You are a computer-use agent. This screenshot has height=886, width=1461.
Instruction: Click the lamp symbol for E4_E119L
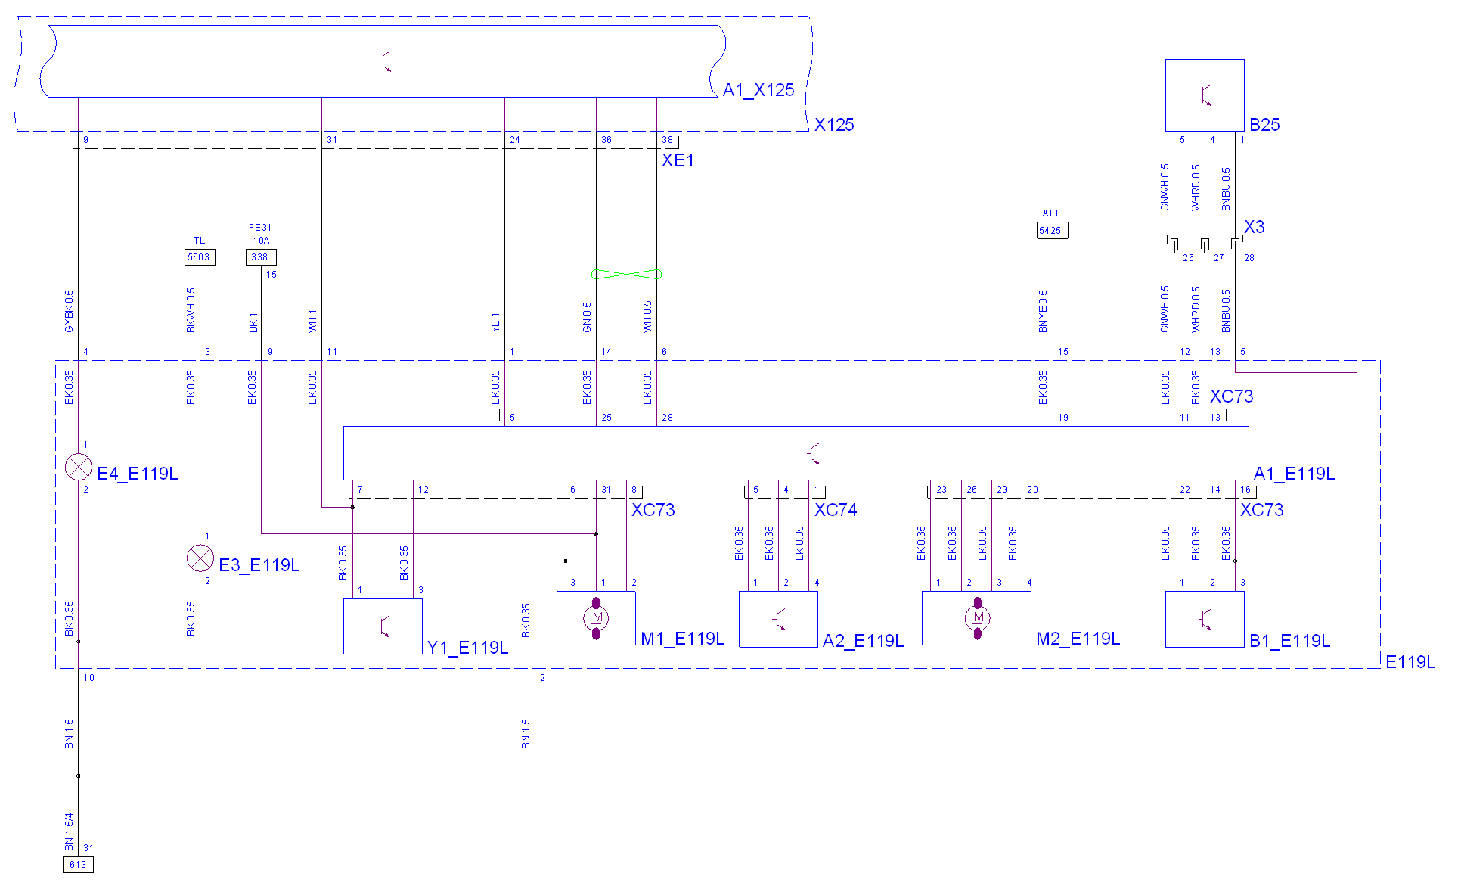click(79, 467)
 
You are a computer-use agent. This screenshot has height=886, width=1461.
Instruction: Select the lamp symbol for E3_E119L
click(200, 558)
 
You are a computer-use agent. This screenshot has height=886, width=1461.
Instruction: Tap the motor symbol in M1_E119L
click(596, 618)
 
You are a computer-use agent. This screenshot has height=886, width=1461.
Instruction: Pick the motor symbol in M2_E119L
click(977, 618)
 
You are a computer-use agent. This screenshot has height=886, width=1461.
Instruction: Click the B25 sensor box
click(1205, 95)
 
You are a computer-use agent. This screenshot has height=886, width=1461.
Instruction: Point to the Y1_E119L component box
click(383, 626)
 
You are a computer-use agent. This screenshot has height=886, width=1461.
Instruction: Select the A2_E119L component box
click(778, 619)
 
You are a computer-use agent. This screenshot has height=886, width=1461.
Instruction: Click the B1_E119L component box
click(1205, 619)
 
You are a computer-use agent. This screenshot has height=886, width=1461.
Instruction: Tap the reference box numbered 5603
click(200, 257)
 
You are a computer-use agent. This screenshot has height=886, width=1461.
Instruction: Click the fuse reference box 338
click(261, 257)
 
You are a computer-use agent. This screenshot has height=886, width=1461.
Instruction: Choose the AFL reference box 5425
click(1052, 231)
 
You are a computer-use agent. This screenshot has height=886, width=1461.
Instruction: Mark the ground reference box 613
click(78, 865)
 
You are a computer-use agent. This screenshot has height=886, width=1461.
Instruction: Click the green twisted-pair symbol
click(626, 275)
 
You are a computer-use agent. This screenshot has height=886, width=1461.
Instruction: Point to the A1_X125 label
click(758, 90)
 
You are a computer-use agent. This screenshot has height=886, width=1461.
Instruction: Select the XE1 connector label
click(678, 160)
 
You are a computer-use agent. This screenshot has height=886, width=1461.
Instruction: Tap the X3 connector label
click(1255, 227)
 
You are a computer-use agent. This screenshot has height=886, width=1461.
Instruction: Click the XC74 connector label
click(836, 510)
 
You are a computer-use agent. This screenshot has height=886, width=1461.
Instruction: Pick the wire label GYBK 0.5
click(70, 312)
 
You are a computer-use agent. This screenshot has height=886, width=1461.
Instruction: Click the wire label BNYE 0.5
click(1044, 312)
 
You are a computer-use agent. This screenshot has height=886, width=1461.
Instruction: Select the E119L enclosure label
click(1410, 662)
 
